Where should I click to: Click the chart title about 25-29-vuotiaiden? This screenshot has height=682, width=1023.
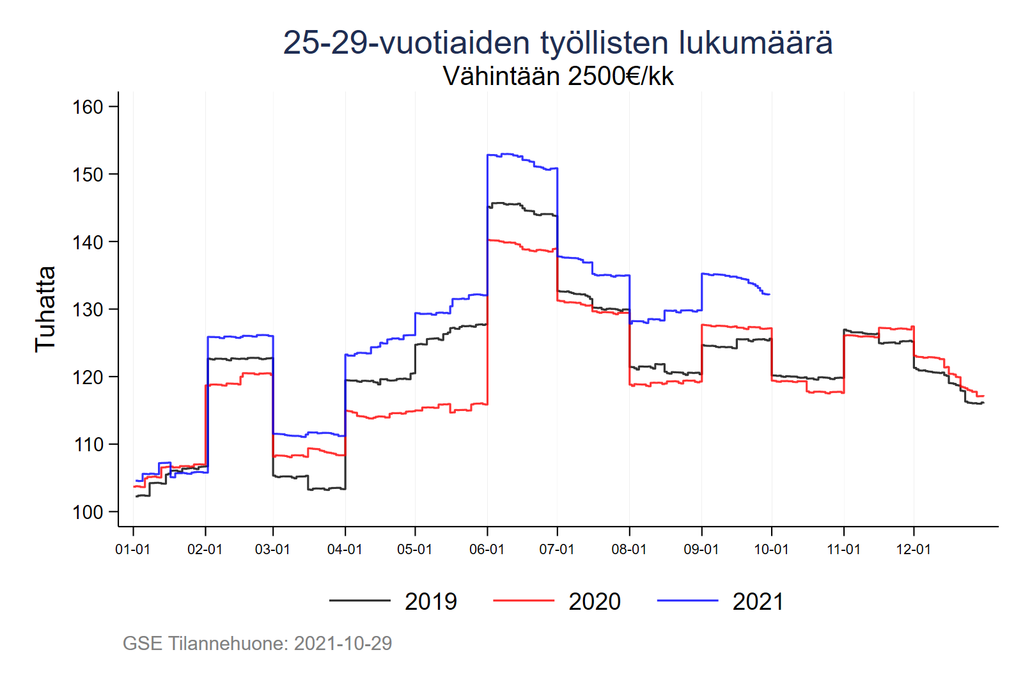tap(558, 43)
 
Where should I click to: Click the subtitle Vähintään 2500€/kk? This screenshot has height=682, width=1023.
tap(558, 76)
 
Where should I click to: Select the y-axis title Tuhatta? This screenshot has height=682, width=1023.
tap(45, 309)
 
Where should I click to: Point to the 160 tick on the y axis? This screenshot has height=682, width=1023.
tap(88, 107)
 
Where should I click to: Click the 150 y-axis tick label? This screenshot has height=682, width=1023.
tap(88, 174)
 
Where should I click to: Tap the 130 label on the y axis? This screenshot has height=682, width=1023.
tap(88, 309)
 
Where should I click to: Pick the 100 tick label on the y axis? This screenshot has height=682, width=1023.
tap(88, 512)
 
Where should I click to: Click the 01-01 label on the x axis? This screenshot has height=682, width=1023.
tap(132, 550)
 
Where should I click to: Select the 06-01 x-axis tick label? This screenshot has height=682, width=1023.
tap(487, 550)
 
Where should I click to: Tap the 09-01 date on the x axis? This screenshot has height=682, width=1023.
tap(701, 550)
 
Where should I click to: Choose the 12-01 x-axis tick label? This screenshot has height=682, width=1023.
tap(913, 550)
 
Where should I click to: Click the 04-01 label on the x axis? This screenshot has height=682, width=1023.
tap(345, 550)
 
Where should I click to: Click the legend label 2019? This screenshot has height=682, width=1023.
tap(431, 601)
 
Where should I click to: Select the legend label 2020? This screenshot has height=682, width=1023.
tap(595, 601)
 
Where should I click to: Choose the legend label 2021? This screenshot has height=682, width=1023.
tap(758, 601)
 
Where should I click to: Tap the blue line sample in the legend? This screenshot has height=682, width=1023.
tap(687, 601)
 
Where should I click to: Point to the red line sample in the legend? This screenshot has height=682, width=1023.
tap(524, 601)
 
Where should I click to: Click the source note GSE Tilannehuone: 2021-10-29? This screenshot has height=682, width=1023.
tap(257, 643)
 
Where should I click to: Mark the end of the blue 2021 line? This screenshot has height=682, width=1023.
tap(769, 295)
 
